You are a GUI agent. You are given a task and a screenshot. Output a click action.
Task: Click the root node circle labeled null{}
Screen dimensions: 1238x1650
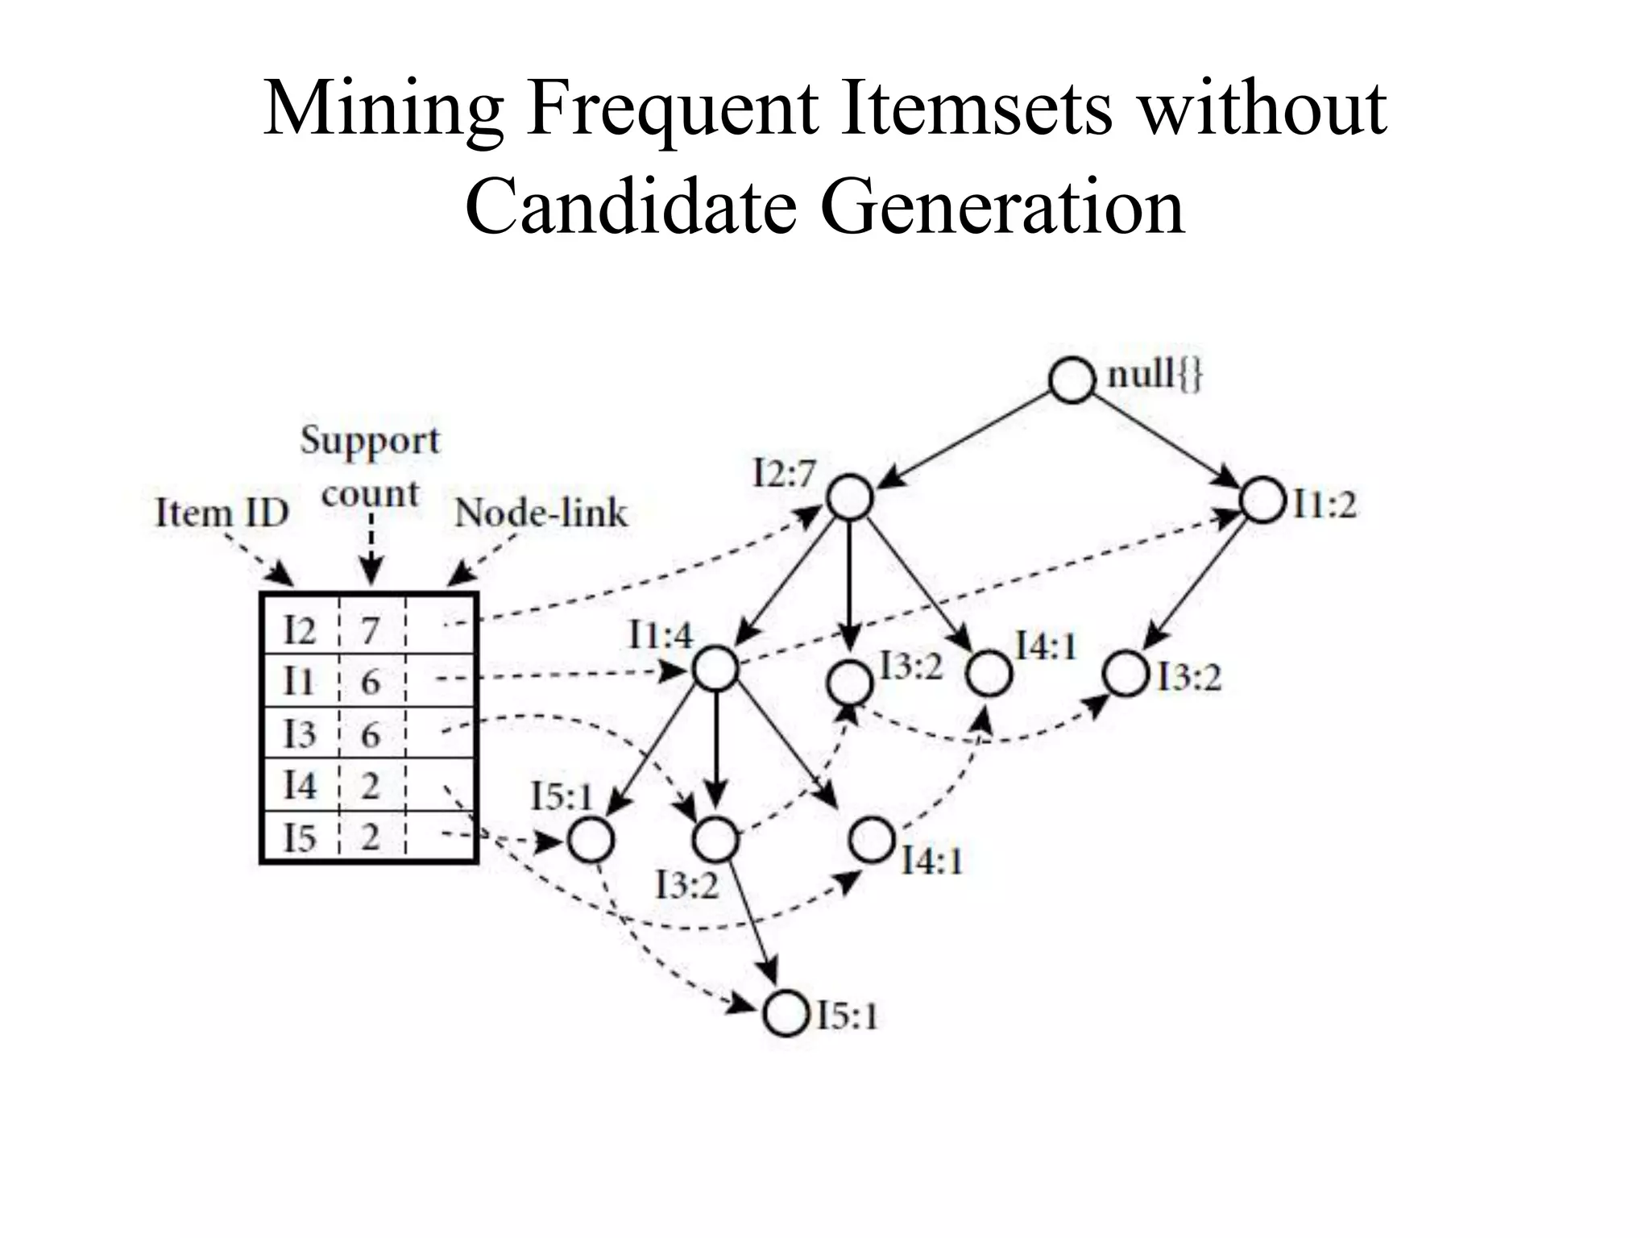[x=1072, y=380]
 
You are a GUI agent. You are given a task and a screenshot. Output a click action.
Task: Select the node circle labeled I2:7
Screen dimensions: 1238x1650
[x=851, y=497]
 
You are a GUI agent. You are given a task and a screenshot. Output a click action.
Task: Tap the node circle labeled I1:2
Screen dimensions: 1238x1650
[x=1262, y=501]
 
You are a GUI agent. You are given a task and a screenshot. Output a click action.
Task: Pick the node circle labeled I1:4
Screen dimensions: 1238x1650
[x=715, y=668]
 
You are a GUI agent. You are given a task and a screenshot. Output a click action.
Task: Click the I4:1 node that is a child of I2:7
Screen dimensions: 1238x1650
[x=989, y=674]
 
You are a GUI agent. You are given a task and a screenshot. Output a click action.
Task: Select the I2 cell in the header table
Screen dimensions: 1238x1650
[x=300, y=629]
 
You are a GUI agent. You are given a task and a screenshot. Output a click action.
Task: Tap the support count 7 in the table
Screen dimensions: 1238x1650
[x=370, y=629]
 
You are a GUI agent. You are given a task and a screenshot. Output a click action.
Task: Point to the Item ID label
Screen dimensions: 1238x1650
[x=222, y=513]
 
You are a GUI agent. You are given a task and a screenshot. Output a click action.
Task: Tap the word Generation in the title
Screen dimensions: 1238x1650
[x=1002, y=206]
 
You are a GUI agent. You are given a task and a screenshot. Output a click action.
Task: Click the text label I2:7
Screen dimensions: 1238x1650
[x=784, y=473]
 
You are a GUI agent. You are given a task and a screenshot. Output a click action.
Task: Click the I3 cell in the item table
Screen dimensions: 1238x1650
[x=300, y=734]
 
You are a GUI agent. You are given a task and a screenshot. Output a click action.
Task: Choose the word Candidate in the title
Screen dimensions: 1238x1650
[x=632, y=206]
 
